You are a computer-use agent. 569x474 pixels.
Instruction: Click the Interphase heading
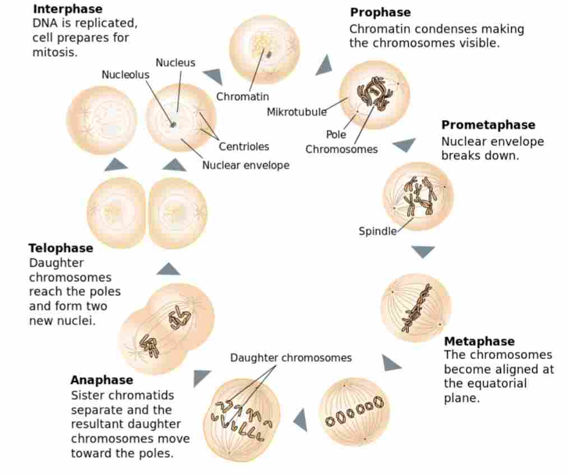point(67,9)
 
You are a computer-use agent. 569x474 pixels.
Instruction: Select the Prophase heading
point(380,12)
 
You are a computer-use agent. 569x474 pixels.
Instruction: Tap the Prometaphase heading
point(488,125)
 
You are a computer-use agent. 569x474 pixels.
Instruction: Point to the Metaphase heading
point(479,341)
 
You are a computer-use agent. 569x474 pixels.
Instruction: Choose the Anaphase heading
point(101,380)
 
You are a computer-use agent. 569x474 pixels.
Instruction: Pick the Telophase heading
point(61,248)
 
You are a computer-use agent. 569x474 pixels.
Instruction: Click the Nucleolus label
point(125,75)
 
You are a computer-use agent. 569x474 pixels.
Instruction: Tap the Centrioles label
point(244,146)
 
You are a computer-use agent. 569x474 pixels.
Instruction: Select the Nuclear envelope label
point(246,165)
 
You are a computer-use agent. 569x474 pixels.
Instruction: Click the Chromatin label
point(243,96)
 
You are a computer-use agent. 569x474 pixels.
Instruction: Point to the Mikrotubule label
point(297,112)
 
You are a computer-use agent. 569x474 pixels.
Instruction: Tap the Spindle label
point(377,231)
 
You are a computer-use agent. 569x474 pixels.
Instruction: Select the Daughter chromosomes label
point(291,357)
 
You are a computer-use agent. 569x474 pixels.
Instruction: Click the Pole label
point(336,135)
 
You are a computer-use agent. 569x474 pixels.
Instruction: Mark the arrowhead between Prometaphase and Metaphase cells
point(423,251)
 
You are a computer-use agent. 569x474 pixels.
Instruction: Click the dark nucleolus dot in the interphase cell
point(173,125)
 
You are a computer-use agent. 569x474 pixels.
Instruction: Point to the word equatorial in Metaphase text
point(498,384)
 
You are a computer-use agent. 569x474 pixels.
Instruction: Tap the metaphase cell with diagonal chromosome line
point(415,307)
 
